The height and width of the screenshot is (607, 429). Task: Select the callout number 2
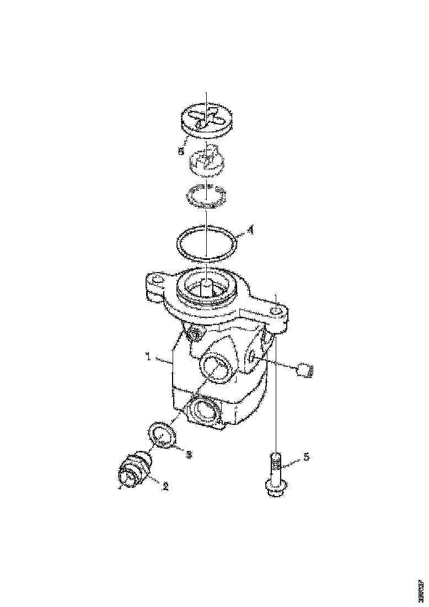[x=164, y=486]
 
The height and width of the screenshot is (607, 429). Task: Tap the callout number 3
[x=188, y=454]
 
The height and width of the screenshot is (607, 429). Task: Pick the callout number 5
[x=307, y=457]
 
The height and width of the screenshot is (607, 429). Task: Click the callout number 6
[x=181, y=151]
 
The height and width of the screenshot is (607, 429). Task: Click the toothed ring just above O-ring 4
[x=206, y=196]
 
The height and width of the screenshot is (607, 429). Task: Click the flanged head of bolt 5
[x=275, y=489]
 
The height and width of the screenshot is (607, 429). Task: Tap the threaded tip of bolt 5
[x=276, y=459]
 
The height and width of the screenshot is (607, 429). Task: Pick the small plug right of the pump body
[x=305, y=370]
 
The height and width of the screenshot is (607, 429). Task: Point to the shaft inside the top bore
[x=206, y=286]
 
